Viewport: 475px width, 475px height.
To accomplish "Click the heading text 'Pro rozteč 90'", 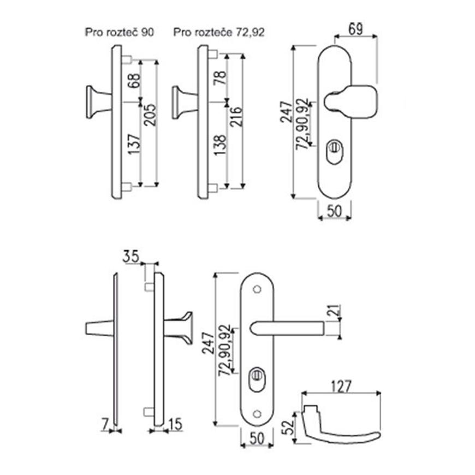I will point(120,32).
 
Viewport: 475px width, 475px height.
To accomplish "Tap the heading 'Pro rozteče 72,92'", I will point(219,32).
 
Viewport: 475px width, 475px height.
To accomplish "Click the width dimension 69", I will point(355,28).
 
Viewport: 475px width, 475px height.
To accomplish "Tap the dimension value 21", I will point(335,312).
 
